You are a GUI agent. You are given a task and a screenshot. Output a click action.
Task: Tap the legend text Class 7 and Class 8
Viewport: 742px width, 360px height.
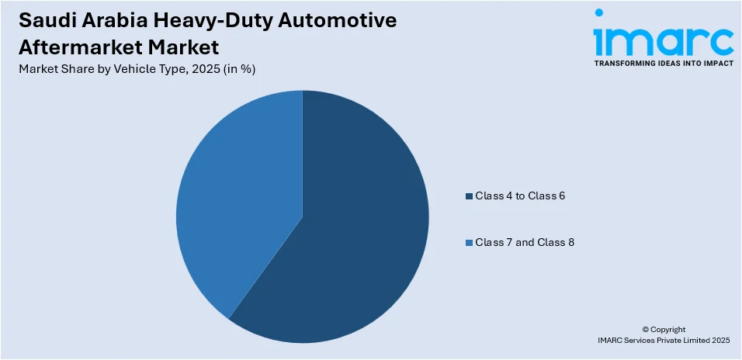click(x=524, y=243)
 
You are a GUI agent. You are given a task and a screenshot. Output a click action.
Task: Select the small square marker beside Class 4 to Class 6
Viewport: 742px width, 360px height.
click(x=468, y=196)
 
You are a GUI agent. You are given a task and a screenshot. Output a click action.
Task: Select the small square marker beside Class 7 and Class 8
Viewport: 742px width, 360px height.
click(x=468, y=244)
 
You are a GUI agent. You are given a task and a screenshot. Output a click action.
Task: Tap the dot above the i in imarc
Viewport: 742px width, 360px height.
click(x=598, y=13)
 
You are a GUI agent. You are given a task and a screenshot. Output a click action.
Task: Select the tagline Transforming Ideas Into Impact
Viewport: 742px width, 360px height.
click(x=664, y=64)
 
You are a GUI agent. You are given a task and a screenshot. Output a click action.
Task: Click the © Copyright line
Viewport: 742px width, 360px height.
click(x=664, y=329)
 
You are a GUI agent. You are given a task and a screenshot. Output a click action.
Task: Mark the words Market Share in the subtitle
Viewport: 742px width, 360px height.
click(x=50, y=69)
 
